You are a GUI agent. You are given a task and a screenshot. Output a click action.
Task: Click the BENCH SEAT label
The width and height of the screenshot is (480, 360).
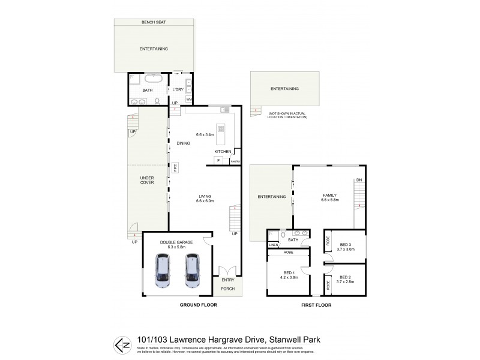point(154,22)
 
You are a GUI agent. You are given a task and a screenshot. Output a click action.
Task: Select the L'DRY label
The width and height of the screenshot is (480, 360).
point(178,89)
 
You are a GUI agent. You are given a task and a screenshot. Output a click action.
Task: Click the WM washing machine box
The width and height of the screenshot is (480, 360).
point(188,99)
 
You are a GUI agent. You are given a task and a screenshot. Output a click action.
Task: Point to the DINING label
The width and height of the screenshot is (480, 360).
point(184,143)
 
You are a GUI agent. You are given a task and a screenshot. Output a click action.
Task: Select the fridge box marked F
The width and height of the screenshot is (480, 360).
point(219,161)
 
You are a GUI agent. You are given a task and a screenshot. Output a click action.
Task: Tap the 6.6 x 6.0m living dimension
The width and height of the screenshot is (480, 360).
point(205,200)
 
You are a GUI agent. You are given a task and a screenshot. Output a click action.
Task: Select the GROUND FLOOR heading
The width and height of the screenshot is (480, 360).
point(198,305)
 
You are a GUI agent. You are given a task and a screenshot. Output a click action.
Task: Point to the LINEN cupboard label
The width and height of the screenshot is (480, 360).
point(274,245)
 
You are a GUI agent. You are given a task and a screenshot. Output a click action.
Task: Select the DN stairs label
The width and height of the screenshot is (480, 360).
point(359,179)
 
